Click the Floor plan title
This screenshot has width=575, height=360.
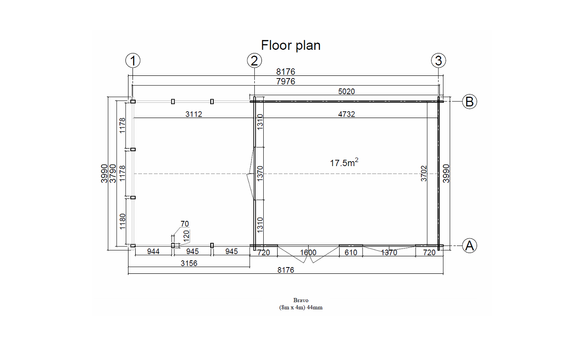coord(291,45)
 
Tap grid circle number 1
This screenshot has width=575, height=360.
coord(133,61)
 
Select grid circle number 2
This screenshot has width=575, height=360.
coord(254,61)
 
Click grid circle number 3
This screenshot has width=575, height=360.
coord(438,61)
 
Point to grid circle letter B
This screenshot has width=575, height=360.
coord(469,101)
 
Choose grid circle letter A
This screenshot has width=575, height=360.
coord(469,246)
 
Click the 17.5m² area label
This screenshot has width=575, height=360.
coord(344,162)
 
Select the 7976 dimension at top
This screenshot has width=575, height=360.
coord(285,81)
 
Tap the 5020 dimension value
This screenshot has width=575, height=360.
coord(346,91)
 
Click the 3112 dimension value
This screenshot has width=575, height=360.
coord(194,114)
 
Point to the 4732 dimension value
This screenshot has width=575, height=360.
coord(346,114)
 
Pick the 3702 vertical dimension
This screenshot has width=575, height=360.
coord(424,174)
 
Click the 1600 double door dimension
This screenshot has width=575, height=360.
coord(308,253)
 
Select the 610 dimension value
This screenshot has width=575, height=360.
coord(351,253)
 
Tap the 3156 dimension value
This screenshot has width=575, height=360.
coord(189,263)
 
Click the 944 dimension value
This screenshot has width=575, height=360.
coord(153,251)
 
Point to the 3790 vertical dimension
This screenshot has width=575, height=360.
coord(113,174)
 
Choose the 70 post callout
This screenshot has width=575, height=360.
coord(185,224)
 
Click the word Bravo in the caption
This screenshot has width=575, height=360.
coord(301,300)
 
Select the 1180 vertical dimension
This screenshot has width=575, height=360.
coord(123,222)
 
